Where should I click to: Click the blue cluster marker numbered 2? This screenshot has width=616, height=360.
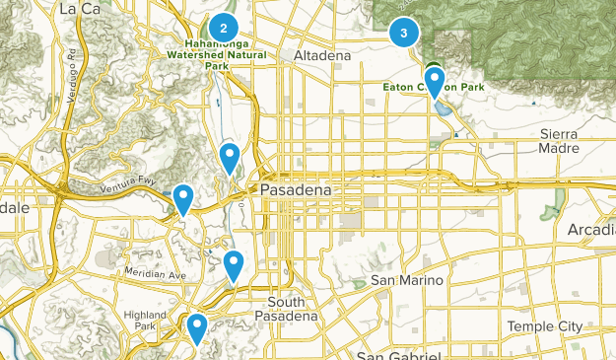[x=224, y=29]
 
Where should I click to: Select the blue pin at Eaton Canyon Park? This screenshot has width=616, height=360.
[x=434, y=80]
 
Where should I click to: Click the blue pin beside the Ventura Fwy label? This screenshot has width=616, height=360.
[x=183, y=198]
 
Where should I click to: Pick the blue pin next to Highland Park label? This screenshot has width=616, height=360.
[x=197, y=326]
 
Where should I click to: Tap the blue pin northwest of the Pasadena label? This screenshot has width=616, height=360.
[x=230, y=157]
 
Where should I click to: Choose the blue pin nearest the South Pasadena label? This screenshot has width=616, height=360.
[x=234, y=264]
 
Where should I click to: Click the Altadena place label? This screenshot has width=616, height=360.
[x=322, y=57]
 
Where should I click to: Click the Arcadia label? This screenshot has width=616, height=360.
[x=591, y=230]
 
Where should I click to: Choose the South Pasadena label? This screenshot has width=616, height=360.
[x=292, y=309]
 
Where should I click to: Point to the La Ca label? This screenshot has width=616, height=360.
[x=82, y=9]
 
